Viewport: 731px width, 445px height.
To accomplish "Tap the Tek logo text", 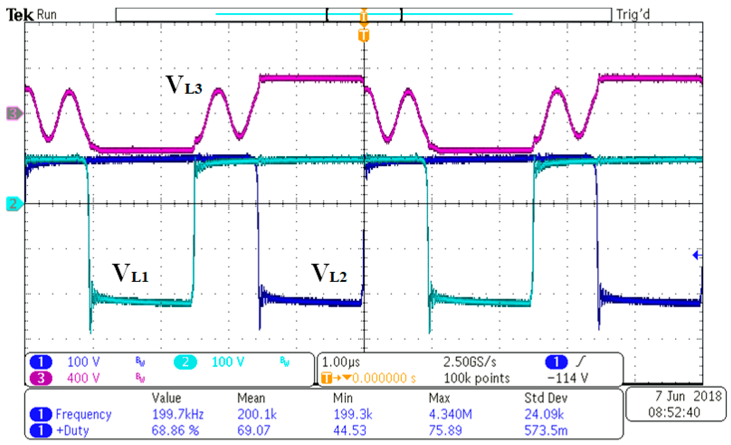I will [x=20, y=15].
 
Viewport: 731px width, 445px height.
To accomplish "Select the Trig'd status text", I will [x=633, y=14].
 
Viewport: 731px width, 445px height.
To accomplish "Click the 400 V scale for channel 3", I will [x=83, y=378].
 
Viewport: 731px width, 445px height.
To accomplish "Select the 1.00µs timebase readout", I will [x=341, y=362].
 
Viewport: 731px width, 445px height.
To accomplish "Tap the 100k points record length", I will [x=477, y=378].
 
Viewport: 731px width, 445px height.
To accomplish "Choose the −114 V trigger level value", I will [x=567, y=378].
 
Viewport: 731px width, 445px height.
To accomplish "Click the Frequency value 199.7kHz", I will [x=178, y=414].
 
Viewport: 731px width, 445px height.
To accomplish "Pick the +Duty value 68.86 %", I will [x=175, y=430].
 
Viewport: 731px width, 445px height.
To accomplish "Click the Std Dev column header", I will [x=545, y=398].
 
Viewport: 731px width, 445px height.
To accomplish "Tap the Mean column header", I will [x=251, y=398].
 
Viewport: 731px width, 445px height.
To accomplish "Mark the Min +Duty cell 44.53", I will [x=350, y=430].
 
